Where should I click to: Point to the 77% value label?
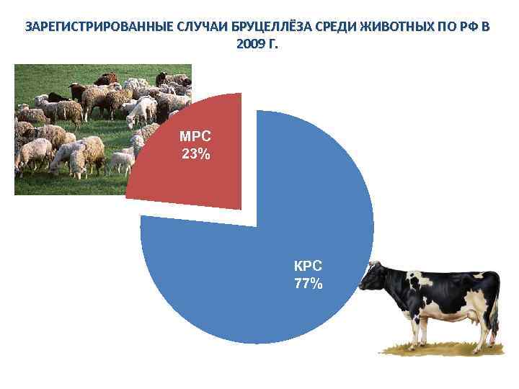coord(309,283)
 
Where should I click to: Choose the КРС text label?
coord(309,267)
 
